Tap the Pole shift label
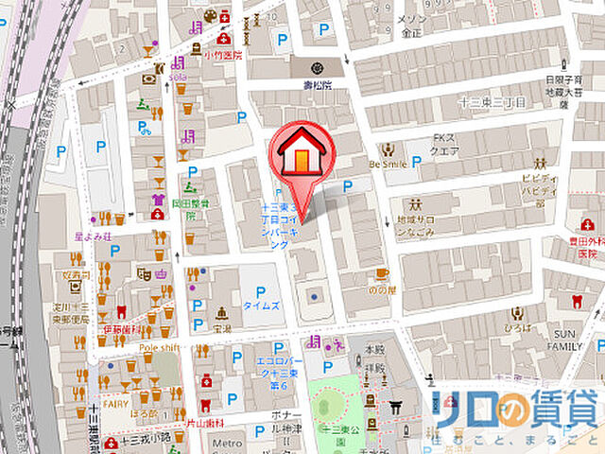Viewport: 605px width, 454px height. (159, 348)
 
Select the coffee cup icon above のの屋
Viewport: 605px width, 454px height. (382, 275)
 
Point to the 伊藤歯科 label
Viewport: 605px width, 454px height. (122, 328)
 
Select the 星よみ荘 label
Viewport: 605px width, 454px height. (95, 236)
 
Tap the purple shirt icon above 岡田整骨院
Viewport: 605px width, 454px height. (158, 200)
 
